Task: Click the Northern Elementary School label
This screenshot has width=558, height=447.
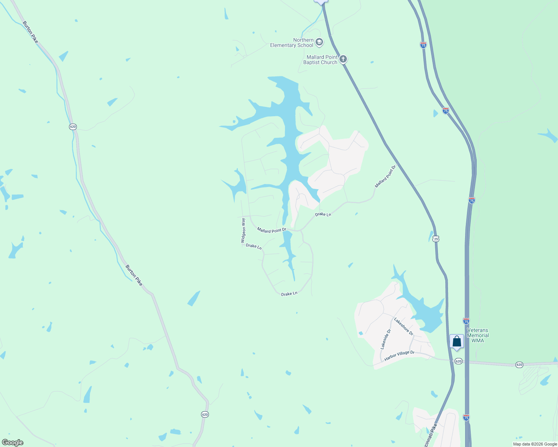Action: pyautogui.click(x=292, y=42)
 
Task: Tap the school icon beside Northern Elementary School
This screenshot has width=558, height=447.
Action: pyautogui.click(x=319, y=42)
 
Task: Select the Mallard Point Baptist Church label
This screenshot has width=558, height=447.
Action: pyautogui.click(x=320, y=60)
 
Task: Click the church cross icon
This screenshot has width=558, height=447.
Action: pyautogui.click(x=343, y=59)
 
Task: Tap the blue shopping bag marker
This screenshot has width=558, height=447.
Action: pyautogui.click(x=457, y=341)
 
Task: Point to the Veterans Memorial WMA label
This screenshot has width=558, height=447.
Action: pyautogui.click(x=477, y=335)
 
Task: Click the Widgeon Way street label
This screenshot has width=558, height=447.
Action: pyautogui.click(x=244, y=231)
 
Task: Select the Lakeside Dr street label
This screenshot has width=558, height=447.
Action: pyautogui.click(x=386, y=339)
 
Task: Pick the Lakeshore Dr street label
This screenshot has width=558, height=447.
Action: pyautogui.click(x=404, y=326)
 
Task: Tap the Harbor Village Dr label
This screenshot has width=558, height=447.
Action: pyautogui.click(x=399, y=356)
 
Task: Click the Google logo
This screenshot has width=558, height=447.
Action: pyautogui.click(x=13, y=443)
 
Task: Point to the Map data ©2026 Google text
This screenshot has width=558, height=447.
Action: pyautogui.click(x=535, y=444)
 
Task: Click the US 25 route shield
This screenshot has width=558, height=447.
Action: pyautogui.click(x=436, y=239)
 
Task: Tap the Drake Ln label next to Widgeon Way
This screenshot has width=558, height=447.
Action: pyautogui.click(x=254, y=246)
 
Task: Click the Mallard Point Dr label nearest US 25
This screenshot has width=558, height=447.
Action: pyautogui.click(x=385, y=177)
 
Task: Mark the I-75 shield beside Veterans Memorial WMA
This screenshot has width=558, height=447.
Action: pyautogui.click(x=466, y=321)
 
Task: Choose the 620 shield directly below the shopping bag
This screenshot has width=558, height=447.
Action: pyautogui.click(x=458, y=361)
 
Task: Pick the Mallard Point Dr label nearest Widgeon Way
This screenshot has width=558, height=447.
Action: pyautogui.click(x=272, y=230)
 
